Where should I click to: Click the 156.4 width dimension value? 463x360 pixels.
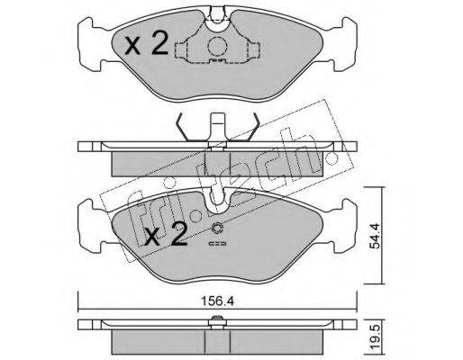[217, 301]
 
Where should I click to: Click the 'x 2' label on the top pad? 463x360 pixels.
[146, 45]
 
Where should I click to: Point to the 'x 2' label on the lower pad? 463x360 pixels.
[166, 235]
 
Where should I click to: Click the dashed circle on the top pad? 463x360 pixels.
[217, 47]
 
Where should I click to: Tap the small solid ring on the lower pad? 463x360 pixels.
[217, 229]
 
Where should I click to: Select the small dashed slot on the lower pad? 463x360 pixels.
[218, 243]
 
